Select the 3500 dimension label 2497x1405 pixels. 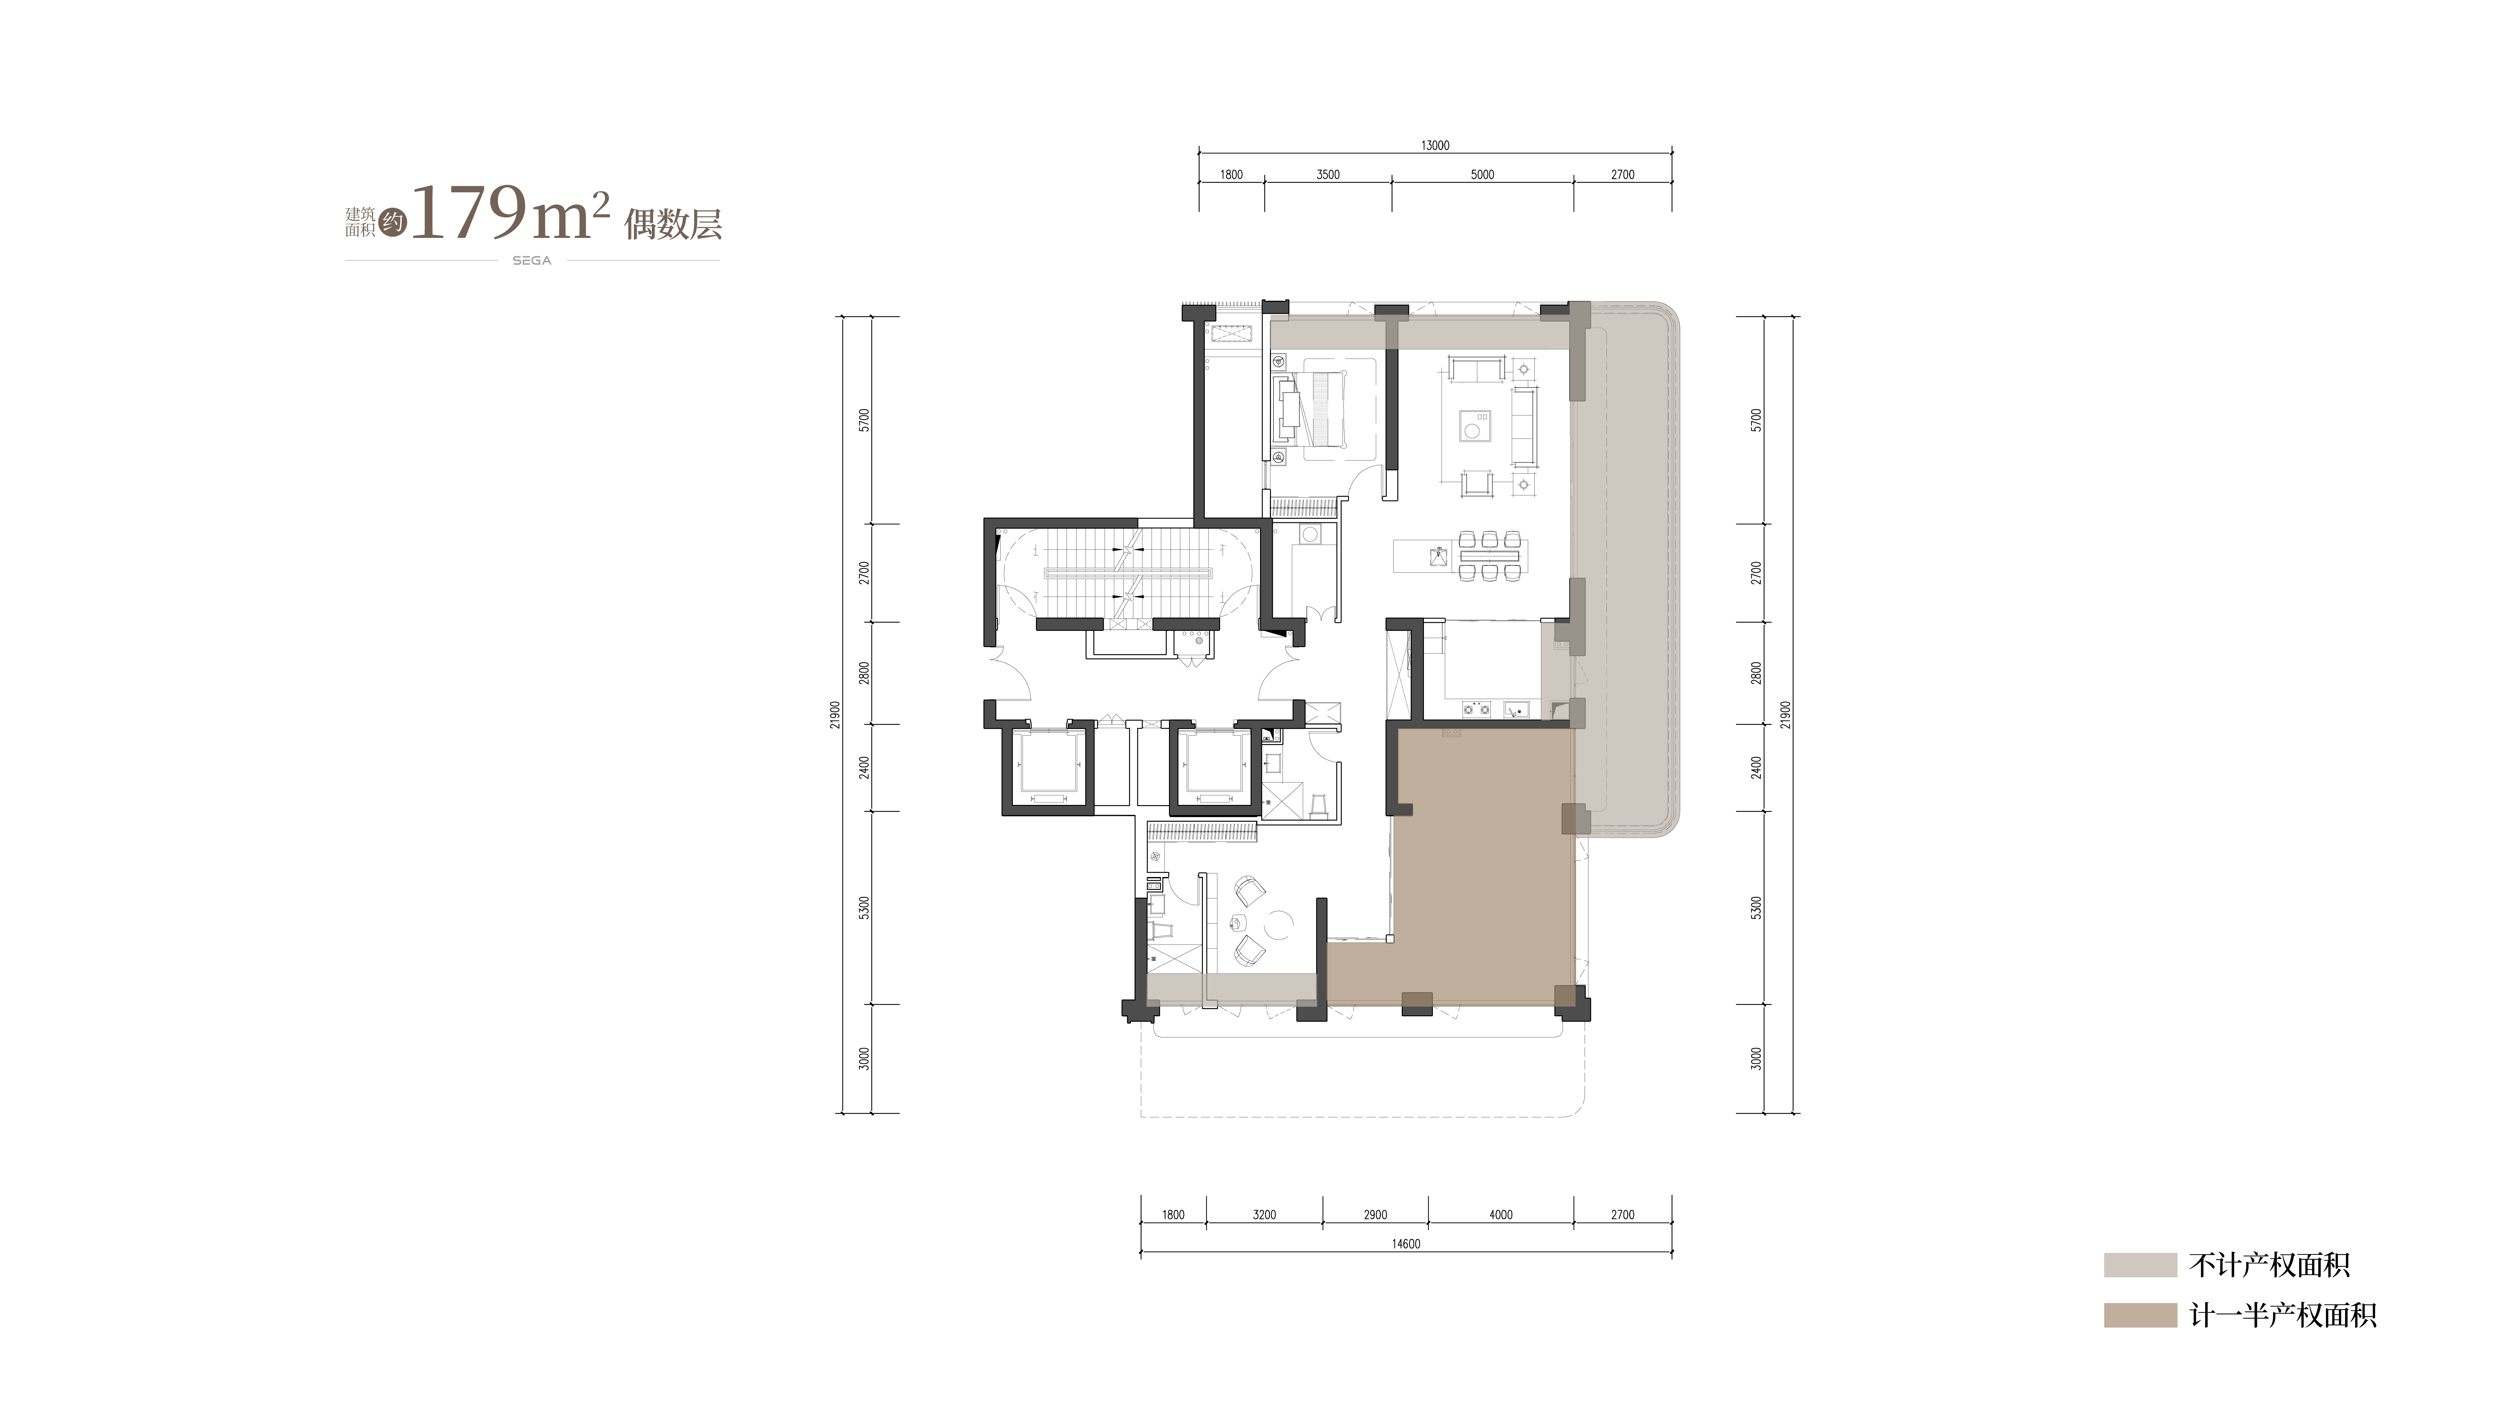click(1328, 175)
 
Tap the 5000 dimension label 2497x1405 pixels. click(1482, 175)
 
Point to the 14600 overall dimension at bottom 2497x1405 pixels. click(1405, 1244)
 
